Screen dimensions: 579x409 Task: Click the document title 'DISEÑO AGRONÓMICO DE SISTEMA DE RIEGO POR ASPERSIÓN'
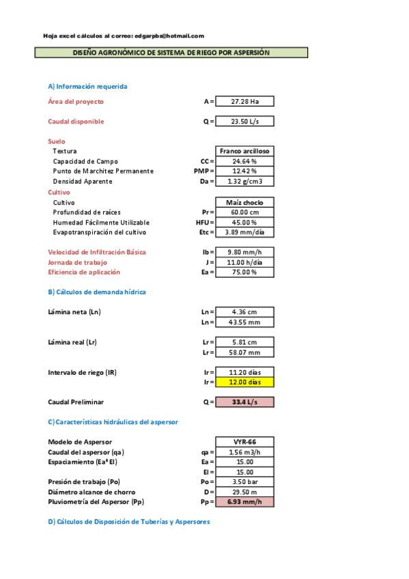coord(171,53)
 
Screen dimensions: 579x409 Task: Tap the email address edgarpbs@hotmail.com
coord(169,36)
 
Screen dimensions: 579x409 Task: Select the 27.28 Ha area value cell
coord(245,101)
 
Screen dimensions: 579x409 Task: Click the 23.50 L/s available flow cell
coord(245,122)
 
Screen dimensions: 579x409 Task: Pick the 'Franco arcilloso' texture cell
coord(245,151)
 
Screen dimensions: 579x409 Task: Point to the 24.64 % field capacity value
coord(245,161)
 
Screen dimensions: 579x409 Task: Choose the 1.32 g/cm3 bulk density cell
coord(245,182)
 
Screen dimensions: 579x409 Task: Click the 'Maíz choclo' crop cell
coord(245,203)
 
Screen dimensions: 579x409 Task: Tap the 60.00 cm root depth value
coord(245,212)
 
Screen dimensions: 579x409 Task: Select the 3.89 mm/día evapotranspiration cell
coord(245,232)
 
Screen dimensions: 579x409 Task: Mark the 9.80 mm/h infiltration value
coord(245,252)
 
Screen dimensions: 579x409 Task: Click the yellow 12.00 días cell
coord(245,382)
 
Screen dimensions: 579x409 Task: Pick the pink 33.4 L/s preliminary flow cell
coord(245,402)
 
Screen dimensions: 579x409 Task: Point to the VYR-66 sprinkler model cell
coord(245,442)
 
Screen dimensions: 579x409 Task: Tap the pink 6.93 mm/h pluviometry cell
coord(245,502)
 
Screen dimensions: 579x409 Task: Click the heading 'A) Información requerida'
coord(87,86)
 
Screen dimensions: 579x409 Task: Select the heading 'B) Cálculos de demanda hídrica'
coord(97,292)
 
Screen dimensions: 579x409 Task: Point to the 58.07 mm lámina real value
coord(245,352)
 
